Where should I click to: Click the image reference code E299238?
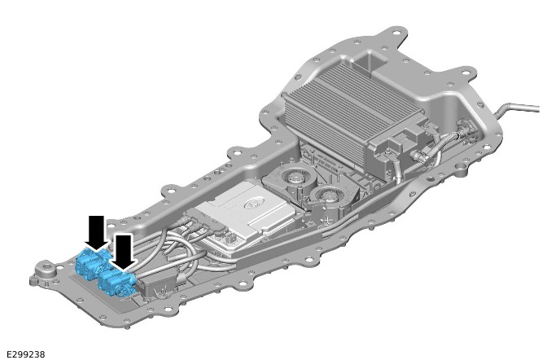[26, 354]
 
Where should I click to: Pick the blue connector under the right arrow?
[116, 282]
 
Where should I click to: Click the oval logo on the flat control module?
[252, 204]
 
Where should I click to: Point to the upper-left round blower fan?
[295, 176]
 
